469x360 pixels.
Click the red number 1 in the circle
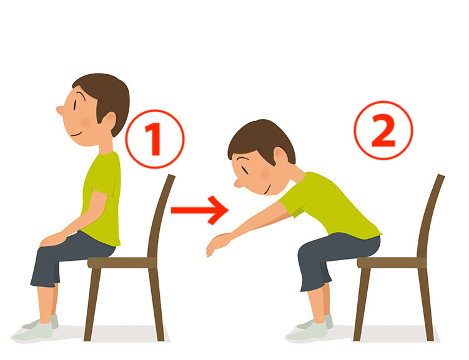(154, 139)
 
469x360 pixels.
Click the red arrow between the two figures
(200, 210)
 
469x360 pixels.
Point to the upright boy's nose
(60, 110)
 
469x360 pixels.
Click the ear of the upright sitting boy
(109, 120)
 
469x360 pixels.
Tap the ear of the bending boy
(280, 155)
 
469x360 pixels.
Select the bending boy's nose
(239, 183)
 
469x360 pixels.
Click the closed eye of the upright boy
(74, 105)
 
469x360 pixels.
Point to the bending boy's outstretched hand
(217, 243)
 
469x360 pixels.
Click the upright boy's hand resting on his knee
(53, 240)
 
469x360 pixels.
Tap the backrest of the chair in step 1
(160, 215)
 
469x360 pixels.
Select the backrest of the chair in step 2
(430, 215)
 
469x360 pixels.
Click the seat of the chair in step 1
(122, 263)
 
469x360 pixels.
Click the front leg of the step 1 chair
(92, 304)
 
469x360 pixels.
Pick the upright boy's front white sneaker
(32, 332)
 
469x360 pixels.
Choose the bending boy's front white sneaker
(306, 332)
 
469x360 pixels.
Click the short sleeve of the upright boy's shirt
(103, 185)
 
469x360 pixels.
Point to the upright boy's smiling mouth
(77, 134)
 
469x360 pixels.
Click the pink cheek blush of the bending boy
(265, 174)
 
